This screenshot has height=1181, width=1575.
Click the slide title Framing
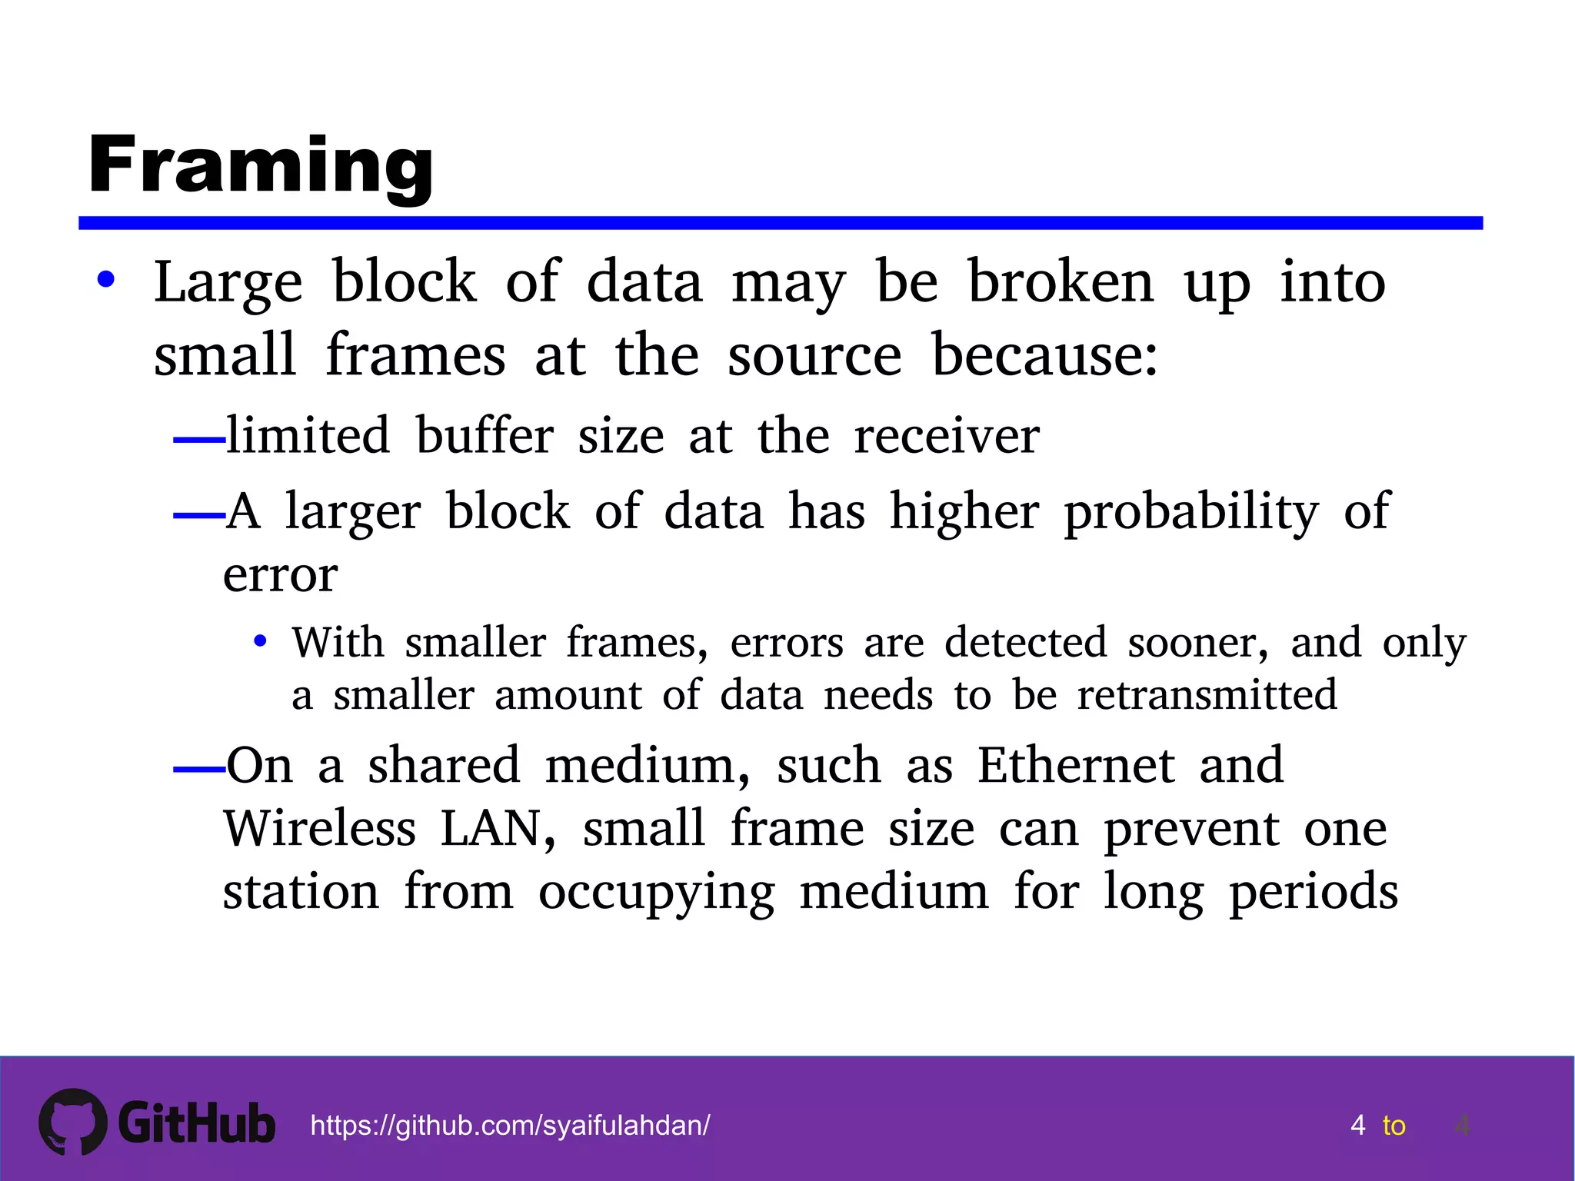(x=261, y=165)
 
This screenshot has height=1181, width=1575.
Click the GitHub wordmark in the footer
(x=197, y=1123)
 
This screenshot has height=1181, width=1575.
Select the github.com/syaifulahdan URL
(x=510, y=1126)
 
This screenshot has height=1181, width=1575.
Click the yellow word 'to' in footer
(x=1394, y=1126)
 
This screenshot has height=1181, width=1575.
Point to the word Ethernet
(x=1076, y=766)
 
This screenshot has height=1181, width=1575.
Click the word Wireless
(x=320, y=829)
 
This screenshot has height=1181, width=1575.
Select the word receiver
(x=946, y=436)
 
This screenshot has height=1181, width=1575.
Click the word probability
(x=1191, y=512)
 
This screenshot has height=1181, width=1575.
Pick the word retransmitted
(x=1207, y=695)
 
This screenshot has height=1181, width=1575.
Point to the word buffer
(x=484, y=436)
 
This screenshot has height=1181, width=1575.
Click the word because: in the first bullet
(x=1044, y=355)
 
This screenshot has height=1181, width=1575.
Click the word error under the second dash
(x=280, y=575)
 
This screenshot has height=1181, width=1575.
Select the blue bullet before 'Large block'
(x=106, y=280)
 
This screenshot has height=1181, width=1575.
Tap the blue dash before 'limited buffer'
(x=198, y=441)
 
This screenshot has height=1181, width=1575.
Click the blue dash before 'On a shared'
(x=198, y=769)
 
